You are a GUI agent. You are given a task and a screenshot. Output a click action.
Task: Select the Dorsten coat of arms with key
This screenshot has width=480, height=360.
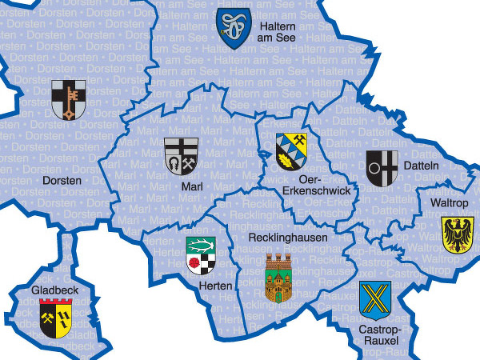pyautogui.click(x=68, y=100)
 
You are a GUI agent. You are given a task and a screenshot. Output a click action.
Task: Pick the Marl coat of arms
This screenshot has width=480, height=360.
pyautogui.click(x=182, y=156)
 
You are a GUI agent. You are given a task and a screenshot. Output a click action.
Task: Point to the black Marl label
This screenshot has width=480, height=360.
pyautogui.click(x=191, y=187)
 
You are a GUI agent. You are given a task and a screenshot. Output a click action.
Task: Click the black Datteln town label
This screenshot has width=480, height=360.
pyautogui.click(x=422, y=165)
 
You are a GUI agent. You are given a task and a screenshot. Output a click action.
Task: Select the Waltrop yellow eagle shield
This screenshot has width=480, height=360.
pyautogui.click(x=458, y=235)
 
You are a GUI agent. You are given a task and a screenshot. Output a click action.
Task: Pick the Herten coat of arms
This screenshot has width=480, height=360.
pyautogui.click(x=200, y=255)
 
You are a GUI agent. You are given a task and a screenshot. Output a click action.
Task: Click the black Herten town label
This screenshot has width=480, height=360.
pyautogui.click(x=217, y=286)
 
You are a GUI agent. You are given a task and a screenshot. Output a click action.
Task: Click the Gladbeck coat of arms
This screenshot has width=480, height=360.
pyautogui.click(x=55, y=318)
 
